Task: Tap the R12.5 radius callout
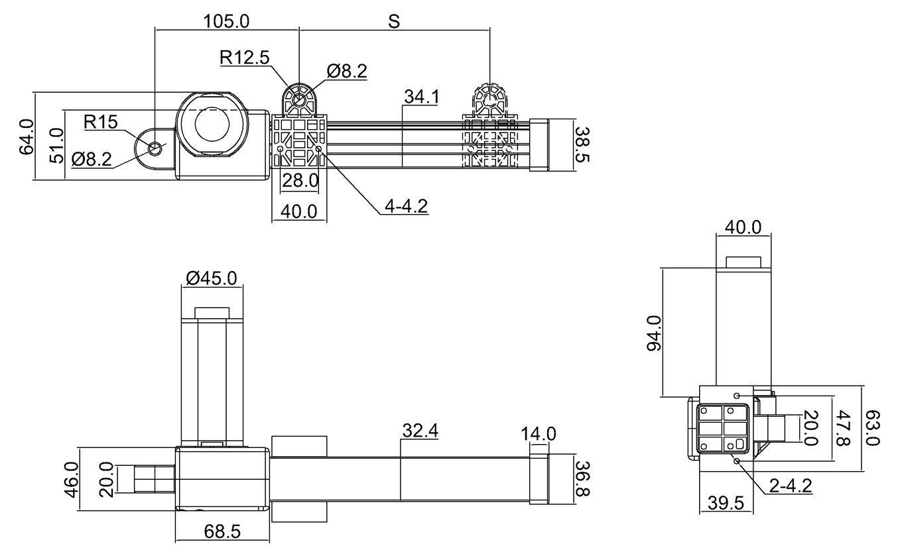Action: pos(245,58)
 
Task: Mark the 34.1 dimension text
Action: pos(422,97)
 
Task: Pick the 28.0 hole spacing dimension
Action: pos(300,180)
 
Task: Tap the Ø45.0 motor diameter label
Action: pos(211,278)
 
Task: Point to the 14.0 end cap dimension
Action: pos(539,435)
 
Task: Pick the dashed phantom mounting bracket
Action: pos(489,133)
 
